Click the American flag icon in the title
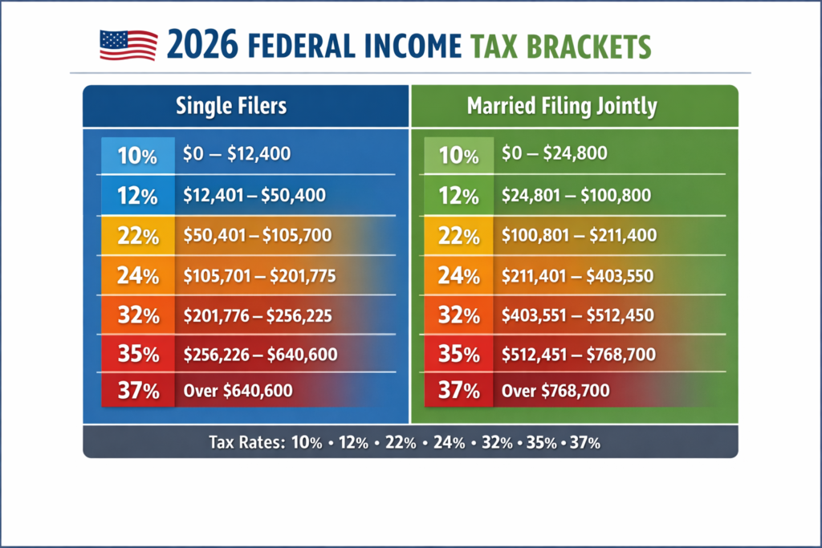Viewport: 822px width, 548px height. coord(128,45)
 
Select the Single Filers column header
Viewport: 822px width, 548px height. coord(231,106)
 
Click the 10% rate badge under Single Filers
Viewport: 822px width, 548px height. coord(137,156)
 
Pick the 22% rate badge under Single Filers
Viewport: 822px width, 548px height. coord(137,237)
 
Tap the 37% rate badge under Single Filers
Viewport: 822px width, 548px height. coord(137,392)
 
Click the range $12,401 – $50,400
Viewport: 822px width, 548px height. coord(254,195)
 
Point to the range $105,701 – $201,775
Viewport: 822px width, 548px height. coord(259,276)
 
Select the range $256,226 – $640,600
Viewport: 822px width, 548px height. coord(260,354)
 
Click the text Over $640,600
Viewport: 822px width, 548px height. coord(238,392)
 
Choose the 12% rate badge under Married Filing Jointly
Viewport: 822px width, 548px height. coord(459,195)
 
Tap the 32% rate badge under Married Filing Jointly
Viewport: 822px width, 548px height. coord(459,315)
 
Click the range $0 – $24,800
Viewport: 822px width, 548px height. coord(554,153)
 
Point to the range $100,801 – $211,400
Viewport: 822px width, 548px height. coord(578,236)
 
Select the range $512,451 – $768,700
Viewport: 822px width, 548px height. coord(578,354)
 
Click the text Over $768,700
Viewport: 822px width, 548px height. coord(555,392)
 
